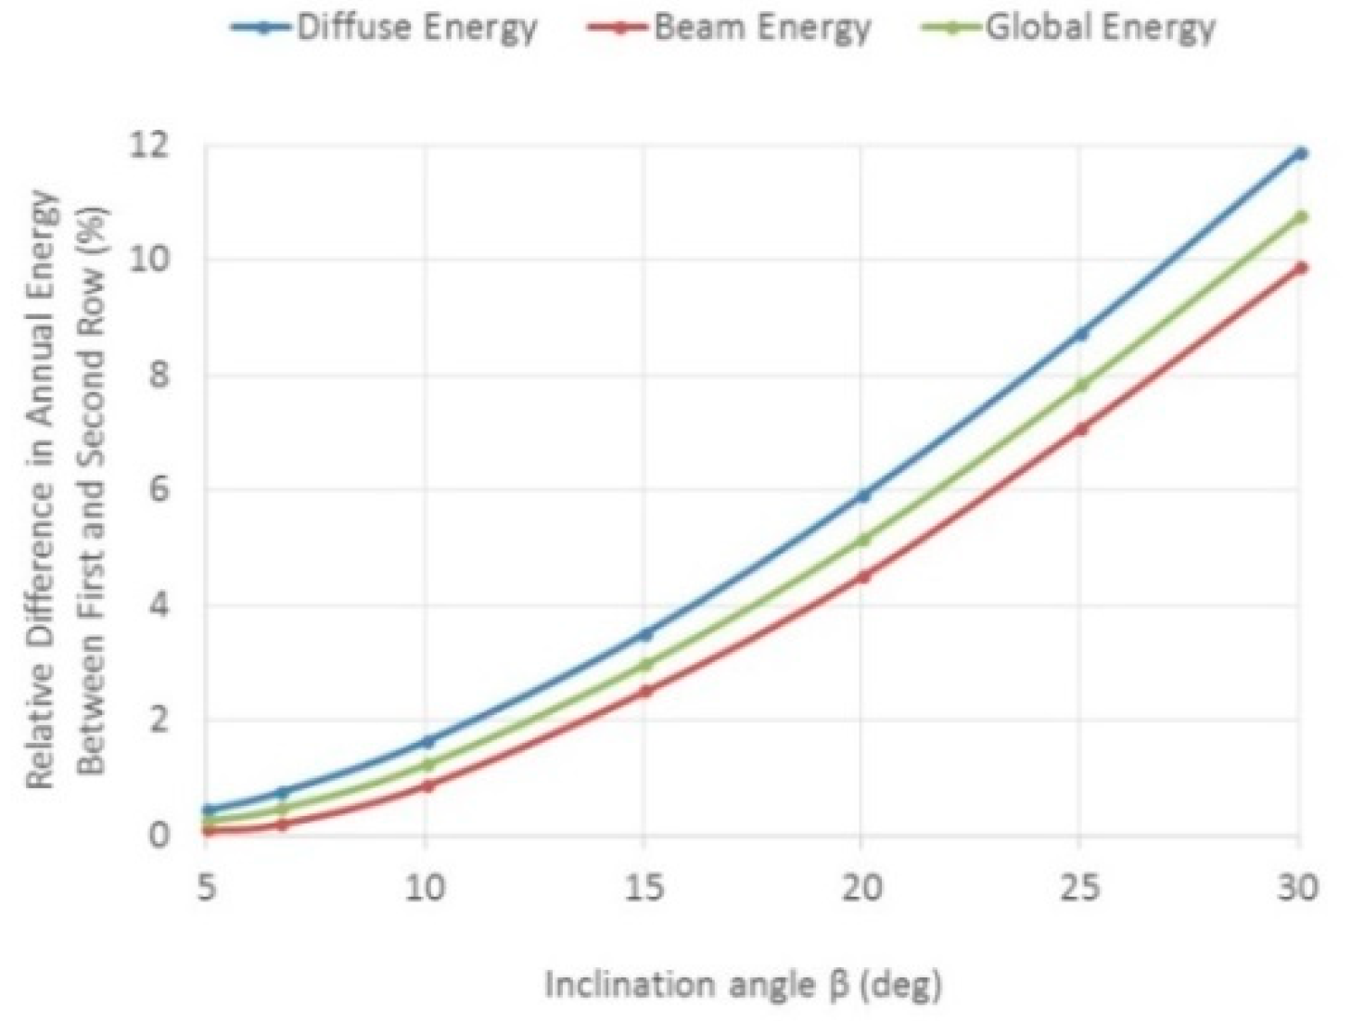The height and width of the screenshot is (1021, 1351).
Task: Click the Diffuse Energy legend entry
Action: (385, 28)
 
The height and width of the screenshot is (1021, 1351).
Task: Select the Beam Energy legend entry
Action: (729, 28)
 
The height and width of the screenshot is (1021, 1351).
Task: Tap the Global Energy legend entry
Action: (1069, 28)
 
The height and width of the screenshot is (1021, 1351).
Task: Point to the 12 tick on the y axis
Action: (152, 145)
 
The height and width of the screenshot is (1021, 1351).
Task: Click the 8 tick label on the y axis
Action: (159, 375)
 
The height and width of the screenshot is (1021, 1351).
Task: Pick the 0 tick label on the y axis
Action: (159, 835)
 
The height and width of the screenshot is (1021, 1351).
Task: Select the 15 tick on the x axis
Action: (644, 888)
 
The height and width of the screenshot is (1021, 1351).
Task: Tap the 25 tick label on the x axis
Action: (1080, 888)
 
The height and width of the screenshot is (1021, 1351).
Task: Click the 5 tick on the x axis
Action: (207, 888)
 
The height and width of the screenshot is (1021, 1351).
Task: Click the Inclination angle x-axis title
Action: (743, 984)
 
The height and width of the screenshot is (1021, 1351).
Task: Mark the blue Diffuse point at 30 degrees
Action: (1300, 153)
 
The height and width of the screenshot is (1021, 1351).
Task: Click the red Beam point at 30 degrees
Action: (1300, 268)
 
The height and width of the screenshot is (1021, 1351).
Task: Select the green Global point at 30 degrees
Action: (1300, 217)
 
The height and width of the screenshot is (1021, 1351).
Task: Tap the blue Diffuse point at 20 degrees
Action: (863, 495)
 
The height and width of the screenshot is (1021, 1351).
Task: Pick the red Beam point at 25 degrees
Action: (1081, 428)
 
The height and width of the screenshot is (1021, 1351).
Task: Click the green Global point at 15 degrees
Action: (644, 665)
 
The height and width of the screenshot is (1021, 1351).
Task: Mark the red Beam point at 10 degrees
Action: (426, 785)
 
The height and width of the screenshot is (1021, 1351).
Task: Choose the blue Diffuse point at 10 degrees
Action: (426, 741)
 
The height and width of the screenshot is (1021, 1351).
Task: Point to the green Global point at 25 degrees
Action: (1081, 385)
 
